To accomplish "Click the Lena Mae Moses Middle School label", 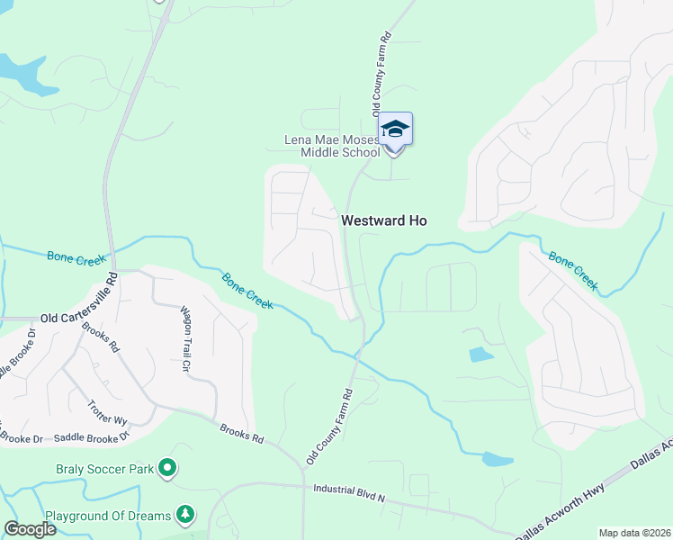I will pyautogui.click(x=332, y=146).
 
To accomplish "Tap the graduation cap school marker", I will pyautogui.click(x=395, y=131).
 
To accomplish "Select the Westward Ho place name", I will pyautogui.click(x=383, y=220).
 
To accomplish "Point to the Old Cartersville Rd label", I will pyautogui.click(x=79, y=318).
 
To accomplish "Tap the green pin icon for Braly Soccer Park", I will pyautogui.click(x=167, y=467).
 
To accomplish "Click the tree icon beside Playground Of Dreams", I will pyautogui.click(x=185, y=515).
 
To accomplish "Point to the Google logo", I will pyautogui.click(x=30, y=529).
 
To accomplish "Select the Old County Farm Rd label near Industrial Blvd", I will pyautogui.click(x=329, y=426).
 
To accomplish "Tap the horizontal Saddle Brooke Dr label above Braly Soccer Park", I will pyautogui.click(x=93, y=437).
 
